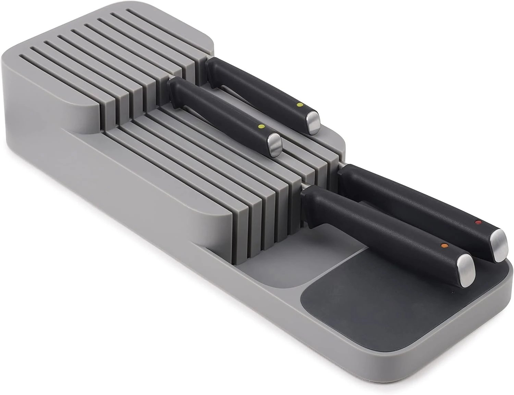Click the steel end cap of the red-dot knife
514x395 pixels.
click(499, 244)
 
